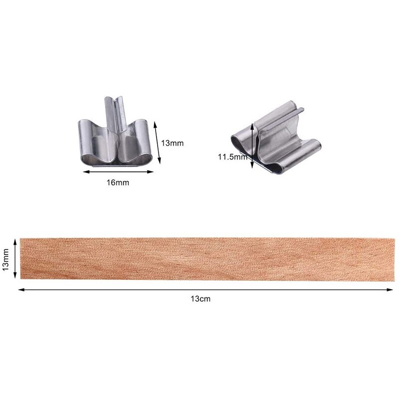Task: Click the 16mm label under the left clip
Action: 118,183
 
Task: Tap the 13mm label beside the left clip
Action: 173,143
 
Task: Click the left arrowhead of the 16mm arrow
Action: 85,172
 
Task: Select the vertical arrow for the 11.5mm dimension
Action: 253,146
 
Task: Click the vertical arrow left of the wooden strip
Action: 16,258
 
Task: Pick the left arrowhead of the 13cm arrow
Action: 21,289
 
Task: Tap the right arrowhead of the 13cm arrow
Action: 391,289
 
